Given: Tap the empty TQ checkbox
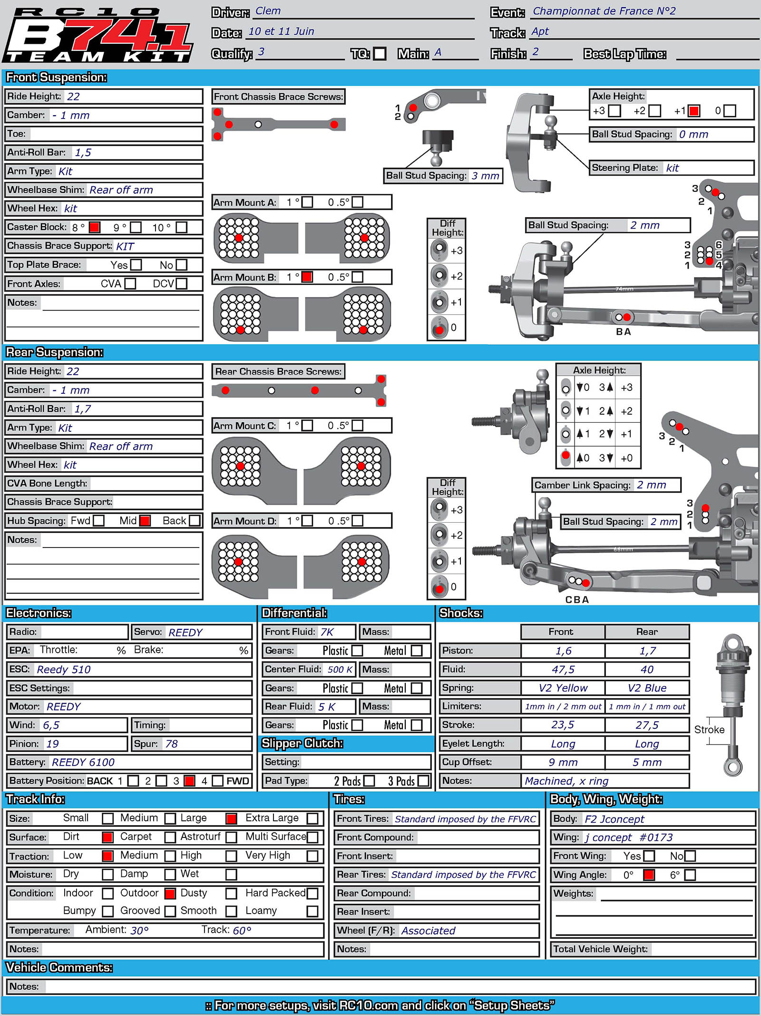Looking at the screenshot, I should click(x=380, y=53).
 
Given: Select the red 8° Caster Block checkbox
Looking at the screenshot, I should click(x=95, y=227).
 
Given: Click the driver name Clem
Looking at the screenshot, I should click(x=268, y=11).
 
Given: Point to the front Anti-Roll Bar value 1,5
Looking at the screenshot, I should click(x=83, y=152).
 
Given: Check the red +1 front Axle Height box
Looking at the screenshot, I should click(x=694, y=111).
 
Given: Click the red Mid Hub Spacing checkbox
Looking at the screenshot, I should click(x=145, y=520).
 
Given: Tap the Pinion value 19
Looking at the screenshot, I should click(x=52, y=744).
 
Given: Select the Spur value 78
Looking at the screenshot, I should click(x=171, y=744).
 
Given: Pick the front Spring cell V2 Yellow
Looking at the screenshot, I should click(x=563, y=688).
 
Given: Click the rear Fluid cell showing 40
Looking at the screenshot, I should click(x=647, y=669).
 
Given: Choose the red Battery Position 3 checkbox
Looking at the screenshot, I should click(x=189, y=781).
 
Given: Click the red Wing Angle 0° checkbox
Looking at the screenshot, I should click(x=649, y=875).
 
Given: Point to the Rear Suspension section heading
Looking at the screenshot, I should click(x=55, y=352).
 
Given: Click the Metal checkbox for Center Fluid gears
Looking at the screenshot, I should click(x=417, y=688).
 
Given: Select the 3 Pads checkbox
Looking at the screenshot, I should click(x=423, y=781).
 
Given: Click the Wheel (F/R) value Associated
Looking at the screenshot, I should click(x=428, y=930).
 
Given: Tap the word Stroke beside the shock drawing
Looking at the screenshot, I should click(x=709, y=729).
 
